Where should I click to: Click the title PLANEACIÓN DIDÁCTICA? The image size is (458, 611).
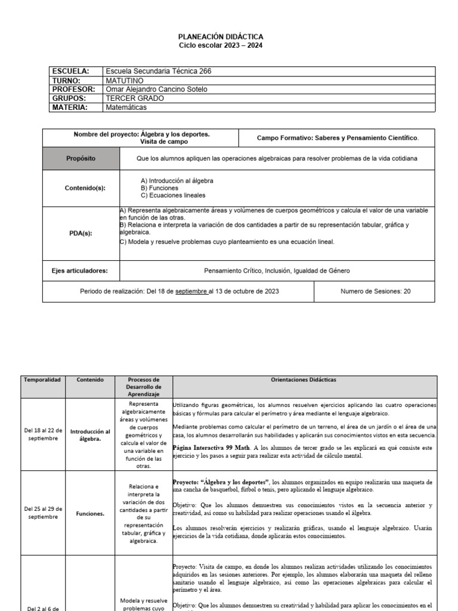(x=221, y=37)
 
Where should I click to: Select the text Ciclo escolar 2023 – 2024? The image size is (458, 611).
(x=221, y=45)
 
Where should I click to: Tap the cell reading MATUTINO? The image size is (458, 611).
(x=125, y=81)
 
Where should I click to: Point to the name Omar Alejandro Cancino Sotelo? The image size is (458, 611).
(x=156, y=90)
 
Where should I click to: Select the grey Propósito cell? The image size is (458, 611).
(x=81, y=159)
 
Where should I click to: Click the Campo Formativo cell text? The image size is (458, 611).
(x=338, y=138)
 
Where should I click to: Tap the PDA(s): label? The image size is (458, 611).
(x=81, y=233)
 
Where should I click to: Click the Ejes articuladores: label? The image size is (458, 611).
(x=81, y=270)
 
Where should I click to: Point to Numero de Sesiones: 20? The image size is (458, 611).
(x=375, y=291)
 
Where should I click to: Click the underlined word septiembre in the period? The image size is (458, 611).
(x=190, y=291)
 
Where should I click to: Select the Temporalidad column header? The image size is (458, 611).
(x=42, y=379)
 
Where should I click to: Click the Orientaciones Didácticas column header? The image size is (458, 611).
(x=304, y=379)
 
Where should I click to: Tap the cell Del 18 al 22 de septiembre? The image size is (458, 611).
(x=42, y=434)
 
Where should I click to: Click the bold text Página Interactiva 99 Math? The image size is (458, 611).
(x=211, y=447)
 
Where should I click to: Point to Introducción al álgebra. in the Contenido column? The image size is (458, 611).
(x=90, y=434)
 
